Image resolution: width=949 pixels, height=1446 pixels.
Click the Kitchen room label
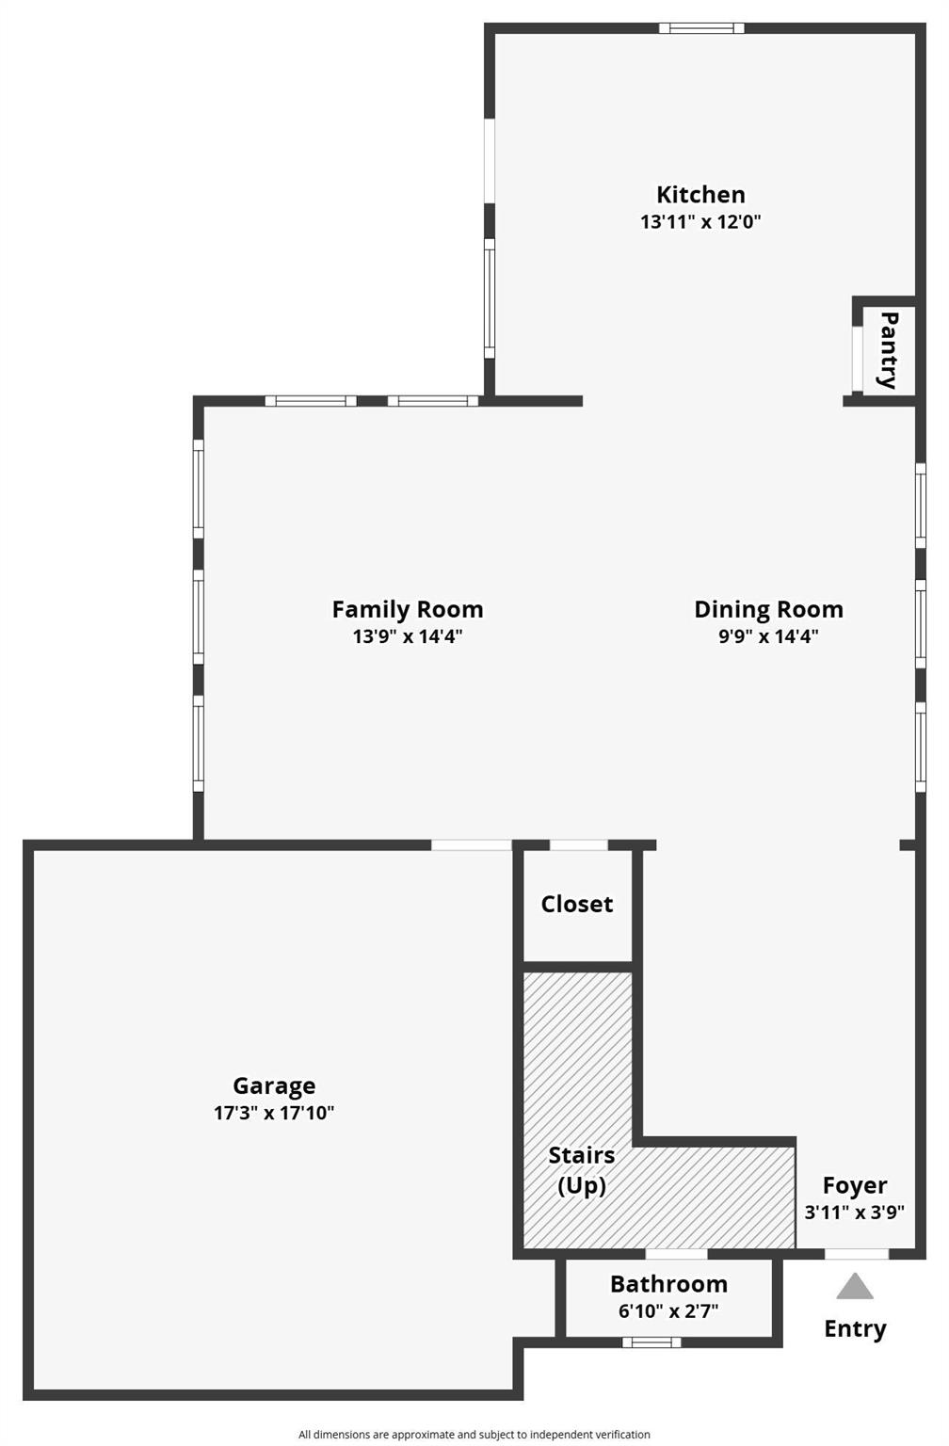click(700, 195)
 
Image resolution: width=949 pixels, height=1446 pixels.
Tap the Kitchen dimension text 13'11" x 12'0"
click(700, 222)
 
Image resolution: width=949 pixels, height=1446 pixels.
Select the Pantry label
click(888, 350)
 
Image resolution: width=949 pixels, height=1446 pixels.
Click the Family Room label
click(408, 609)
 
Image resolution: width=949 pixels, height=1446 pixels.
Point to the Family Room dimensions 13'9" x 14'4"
click(408, 636)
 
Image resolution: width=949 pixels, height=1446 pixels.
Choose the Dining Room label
click(768, 609)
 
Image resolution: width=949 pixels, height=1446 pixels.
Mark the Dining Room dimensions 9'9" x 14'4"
click(768, 636)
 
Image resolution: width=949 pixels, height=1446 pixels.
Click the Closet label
click(576, 904)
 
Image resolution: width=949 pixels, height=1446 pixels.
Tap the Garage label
click(274, 1085)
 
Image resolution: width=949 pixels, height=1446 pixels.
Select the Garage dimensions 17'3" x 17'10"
click(274, 1113)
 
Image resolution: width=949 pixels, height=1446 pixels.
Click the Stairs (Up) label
click(582, 1170)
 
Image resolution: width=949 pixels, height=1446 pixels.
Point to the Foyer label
click(855, 1185)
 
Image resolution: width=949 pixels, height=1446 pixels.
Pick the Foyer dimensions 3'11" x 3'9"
click(855, 1213)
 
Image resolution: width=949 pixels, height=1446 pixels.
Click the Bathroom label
click(668, 1284)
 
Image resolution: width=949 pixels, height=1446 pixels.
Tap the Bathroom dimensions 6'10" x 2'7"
click(668, 1311)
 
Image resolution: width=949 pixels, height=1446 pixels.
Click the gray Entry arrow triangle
click(855, 1288)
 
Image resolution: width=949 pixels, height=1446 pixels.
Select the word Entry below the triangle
click(855, 1328)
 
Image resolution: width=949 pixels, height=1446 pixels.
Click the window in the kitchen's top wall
click(701, 28)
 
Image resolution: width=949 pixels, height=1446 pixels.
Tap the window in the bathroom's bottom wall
click(651, 1342)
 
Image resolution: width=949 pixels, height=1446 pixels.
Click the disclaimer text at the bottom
click(474, 1435)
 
